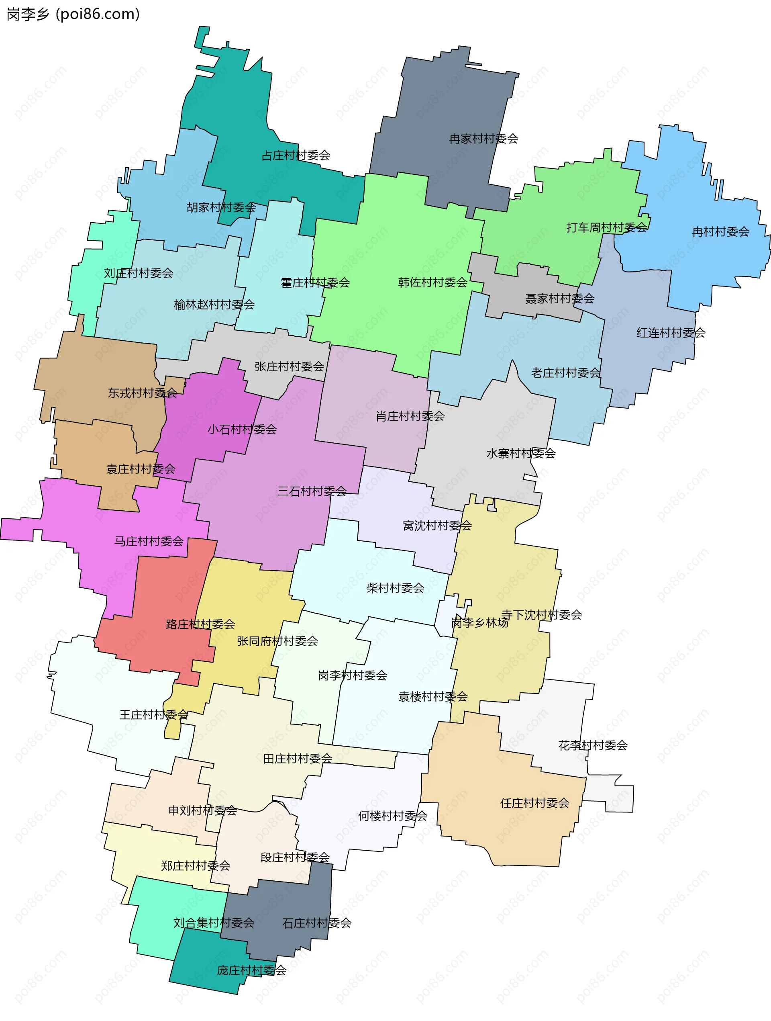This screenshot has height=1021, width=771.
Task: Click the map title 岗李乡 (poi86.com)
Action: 73,14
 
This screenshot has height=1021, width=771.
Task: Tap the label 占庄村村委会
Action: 296,156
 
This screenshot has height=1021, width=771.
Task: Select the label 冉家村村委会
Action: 483,139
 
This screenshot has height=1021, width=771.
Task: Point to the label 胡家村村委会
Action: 221,208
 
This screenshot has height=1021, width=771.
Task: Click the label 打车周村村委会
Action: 607,227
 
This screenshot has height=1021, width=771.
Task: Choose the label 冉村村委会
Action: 720,232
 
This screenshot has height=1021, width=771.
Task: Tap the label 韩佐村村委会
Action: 432,282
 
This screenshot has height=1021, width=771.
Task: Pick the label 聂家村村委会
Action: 560,299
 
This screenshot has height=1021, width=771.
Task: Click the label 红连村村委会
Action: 671,333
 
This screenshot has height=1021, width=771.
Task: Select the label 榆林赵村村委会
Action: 214,305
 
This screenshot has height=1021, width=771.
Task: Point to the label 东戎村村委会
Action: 142,393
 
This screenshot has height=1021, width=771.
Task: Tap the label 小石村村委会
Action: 242,430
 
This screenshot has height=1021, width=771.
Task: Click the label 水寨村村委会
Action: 520,453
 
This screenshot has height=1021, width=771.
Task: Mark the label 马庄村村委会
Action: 149,541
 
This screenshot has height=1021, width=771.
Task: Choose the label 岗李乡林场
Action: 480,623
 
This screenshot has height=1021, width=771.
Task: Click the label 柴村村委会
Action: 395,588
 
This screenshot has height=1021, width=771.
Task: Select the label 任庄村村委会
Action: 535,803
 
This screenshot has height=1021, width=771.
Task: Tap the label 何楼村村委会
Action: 393,816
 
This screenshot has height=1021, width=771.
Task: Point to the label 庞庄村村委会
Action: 251,970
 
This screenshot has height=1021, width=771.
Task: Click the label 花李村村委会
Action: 593,745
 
